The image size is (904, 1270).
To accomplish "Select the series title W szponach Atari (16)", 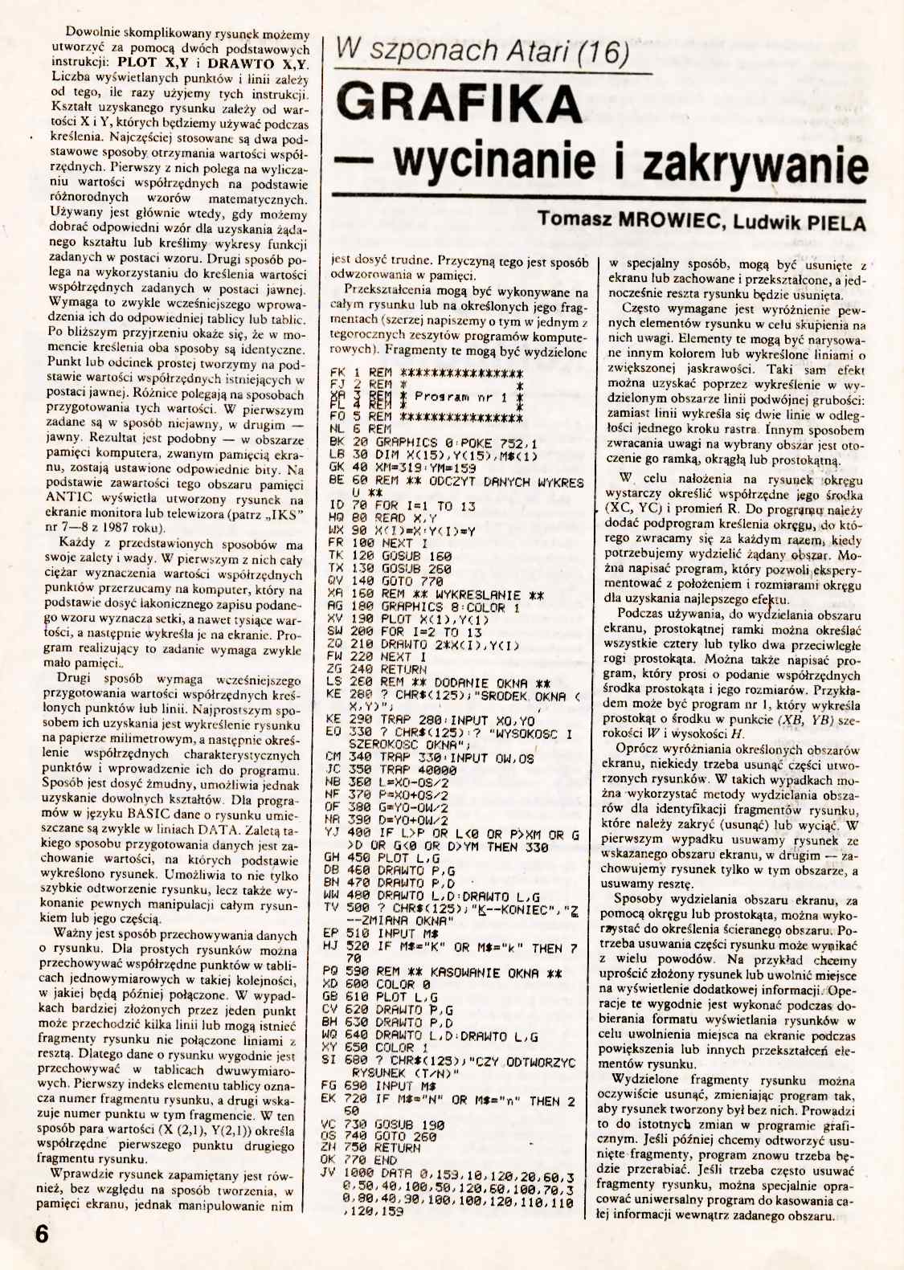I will point(482,51).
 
